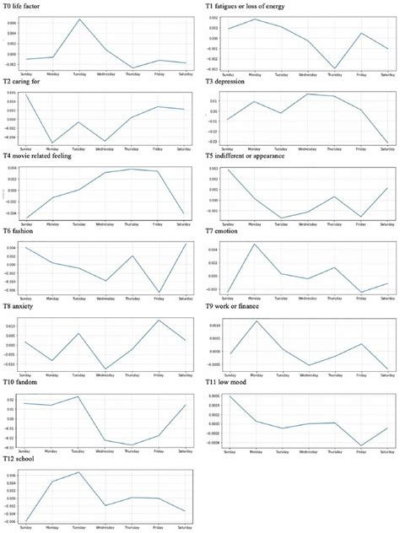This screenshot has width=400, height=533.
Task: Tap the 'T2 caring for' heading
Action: (x=25, y=82)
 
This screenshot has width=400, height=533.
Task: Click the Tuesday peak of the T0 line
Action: (x=79, y=19)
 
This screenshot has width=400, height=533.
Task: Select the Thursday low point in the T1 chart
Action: (x=335, y=69)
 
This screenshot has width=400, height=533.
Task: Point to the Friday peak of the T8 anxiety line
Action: (x=158, y=320)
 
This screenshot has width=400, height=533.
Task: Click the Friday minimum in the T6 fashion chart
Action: (x=158, y=293)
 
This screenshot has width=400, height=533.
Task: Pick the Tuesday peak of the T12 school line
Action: (x=79, y=472)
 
